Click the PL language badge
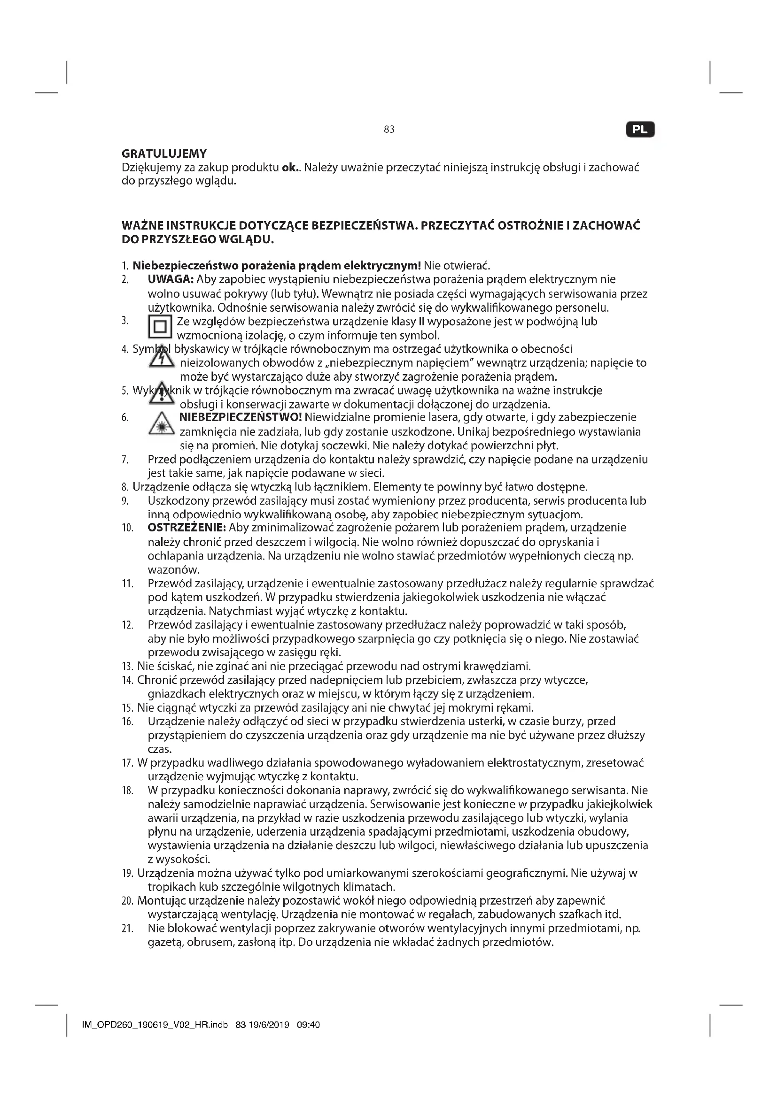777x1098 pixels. point(640,130)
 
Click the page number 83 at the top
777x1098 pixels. point(388,130)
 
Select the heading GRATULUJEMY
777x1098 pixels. point(164,154)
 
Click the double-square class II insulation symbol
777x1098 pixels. point(160,328)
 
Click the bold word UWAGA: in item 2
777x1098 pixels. point(171,279)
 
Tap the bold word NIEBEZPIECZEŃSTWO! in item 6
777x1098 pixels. point(240,417)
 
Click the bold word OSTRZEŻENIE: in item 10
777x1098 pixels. point(186,528)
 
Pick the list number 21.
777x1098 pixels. point(127,929)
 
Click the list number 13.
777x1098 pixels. point(127,666)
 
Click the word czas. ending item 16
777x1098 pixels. point(159,749)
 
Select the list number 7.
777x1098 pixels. point(125,460)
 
